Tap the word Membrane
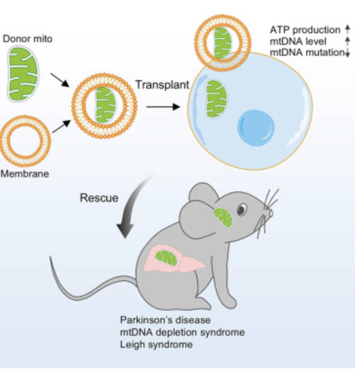pyautogui.click(x=24, y=174)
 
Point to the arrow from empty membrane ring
pyautogui.click(x=61, y=126)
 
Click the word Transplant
pyautogui.click(x=162, y=85)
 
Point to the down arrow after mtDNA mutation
pyautogui.click(x=348, y=53)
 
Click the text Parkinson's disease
pyautogui.click(x=165, y=320)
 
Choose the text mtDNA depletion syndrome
pyautogui.click(x=182, y=332)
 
